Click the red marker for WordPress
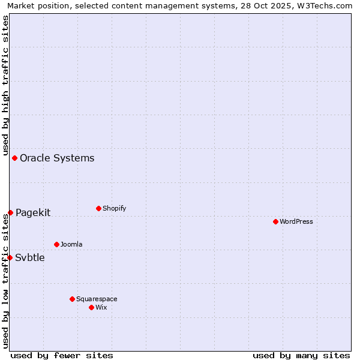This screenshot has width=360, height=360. click(275, 221)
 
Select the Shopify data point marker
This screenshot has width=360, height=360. click(98, 208)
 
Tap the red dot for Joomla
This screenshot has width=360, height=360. click(56, 244)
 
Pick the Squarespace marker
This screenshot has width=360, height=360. click(72, 299)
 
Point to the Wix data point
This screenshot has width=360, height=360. click(91, 307)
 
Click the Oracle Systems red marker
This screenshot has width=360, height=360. click(14, 158)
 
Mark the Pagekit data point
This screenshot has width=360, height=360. click(10, 212)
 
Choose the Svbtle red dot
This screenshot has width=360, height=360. click(10, 257)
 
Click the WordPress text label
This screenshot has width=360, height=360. click(296, 221)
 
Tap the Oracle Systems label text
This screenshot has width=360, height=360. click(57, 158)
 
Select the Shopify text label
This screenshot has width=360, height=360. click(114, 208)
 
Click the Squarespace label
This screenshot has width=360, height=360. click(97, 299)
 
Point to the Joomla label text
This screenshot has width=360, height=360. click(71, 244)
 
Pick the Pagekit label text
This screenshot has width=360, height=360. click(33, 212)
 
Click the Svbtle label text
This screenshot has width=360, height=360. click(30, 258)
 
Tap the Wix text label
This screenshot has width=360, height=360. click(101, 307)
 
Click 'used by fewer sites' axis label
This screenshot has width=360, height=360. click(62, 355)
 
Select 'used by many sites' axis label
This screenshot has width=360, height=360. click(301, 355)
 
